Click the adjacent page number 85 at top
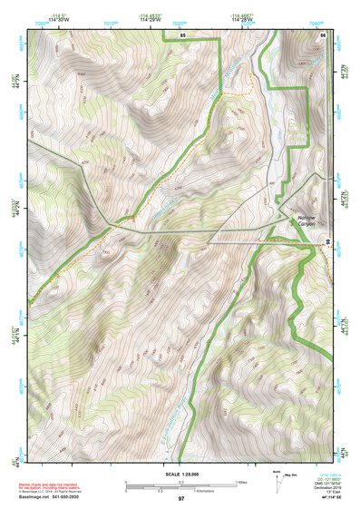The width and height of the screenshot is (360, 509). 182,34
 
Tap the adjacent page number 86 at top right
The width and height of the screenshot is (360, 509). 323,34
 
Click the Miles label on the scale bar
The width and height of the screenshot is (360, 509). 240,482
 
